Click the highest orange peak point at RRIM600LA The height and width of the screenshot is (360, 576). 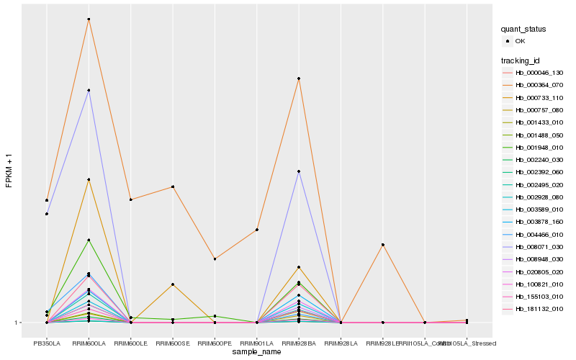[x=89, y=19]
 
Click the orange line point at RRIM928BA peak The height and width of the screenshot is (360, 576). [x=299, y=78]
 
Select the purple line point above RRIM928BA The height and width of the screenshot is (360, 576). [x=299, y=171]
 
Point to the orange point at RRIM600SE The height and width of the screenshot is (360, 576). [x=173, y=186]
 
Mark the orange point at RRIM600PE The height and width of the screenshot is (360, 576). [x=215, y=258]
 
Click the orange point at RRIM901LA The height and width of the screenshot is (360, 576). [x=257, y=230]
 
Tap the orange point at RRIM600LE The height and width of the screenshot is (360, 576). [x=130, y=199]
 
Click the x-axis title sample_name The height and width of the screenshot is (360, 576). [x=256, y=351]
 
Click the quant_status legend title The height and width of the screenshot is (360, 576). [x=523, y=29]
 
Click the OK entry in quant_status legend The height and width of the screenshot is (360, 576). [x=520, y=41]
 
